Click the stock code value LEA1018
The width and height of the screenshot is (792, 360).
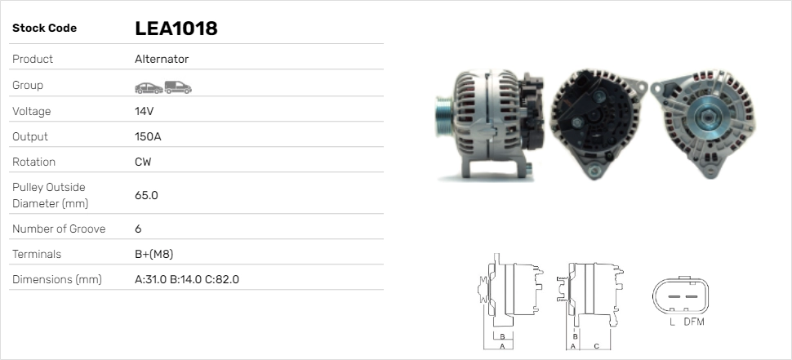click(x=176, y=29)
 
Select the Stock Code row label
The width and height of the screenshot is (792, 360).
click(x=44, y=29)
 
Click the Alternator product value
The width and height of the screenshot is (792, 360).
click(x=162, y=60)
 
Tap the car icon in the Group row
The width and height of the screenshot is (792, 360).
click(x=148, y=87)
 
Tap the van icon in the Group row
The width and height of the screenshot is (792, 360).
click(x=177, y=87)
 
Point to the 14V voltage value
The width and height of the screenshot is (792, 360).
click(x=145, y=111)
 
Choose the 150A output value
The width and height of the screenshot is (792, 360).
click(x=148, y=136)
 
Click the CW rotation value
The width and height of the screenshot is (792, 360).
click(x=143, y=162)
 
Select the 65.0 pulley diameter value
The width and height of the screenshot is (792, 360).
click(x=146, y=195)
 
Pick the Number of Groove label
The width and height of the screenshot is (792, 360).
click(x=59, y=229)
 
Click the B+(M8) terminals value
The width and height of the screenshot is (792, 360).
click(x=154, y=254)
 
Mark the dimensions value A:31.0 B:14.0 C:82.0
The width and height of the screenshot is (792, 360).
click(x=186, y=279)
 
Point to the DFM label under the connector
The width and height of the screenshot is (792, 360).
click(x=693, y=322)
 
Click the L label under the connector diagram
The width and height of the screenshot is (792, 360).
click(x=671, y=322)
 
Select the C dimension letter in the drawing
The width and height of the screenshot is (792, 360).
click(x=596, y=346)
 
